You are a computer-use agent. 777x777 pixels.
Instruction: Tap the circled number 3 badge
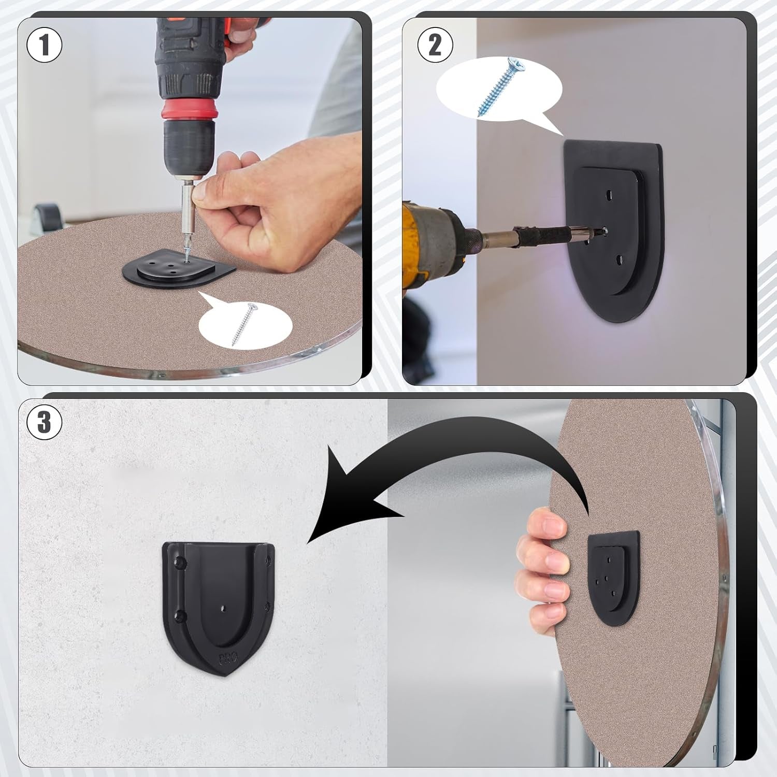(x=44, y=422)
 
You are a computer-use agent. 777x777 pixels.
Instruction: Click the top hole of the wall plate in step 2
(x=609, y=195)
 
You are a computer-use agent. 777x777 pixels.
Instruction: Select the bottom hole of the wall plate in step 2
(x=619, y=257)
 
